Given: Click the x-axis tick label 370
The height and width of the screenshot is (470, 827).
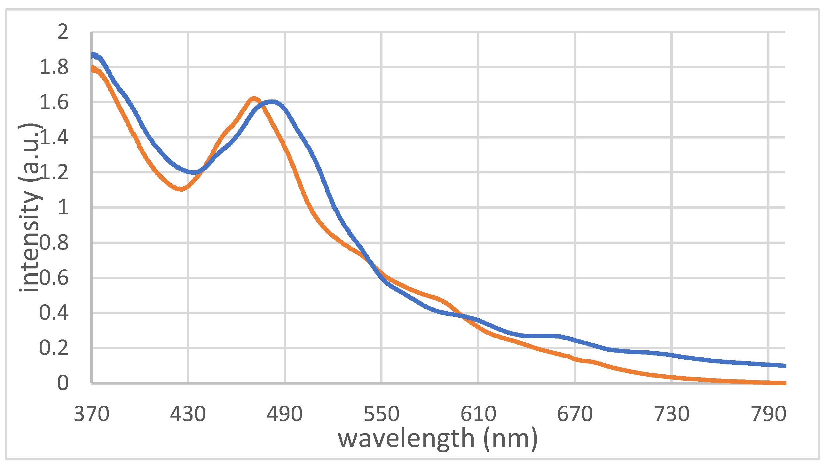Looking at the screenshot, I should tap(91, 414).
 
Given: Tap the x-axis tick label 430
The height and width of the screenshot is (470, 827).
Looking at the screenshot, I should tap(188, 414).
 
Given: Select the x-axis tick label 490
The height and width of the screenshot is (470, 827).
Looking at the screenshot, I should tap(284, 414).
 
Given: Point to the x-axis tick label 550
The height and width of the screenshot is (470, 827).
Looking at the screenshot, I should tap(382, 414).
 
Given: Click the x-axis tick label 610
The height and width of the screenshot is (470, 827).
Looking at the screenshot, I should tap(478, 414).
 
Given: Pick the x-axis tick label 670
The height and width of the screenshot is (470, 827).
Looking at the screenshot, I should tap(575, 414).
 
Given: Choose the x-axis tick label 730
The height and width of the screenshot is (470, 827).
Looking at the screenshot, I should tap(672, 414).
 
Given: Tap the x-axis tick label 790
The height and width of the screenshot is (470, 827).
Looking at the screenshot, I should tap(768, 414).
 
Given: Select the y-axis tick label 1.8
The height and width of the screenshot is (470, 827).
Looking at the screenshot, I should tap(54, 67).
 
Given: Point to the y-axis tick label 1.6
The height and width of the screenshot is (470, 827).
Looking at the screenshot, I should tap(54, 102).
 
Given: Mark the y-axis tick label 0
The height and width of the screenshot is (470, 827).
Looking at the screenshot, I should tap(63, 383).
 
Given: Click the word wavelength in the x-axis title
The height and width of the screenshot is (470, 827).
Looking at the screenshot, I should tap(406, 439).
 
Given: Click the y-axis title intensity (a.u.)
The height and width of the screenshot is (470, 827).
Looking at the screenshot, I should tap(30, 207).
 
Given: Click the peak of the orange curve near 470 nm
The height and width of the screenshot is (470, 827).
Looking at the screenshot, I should tap(254, 98).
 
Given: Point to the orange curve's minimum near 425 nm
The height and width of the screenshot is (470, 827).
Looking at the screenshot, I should tap(180, 189).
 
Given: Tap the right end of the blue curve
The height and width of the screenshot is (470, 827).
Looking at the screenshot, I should tap(784, 366).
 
